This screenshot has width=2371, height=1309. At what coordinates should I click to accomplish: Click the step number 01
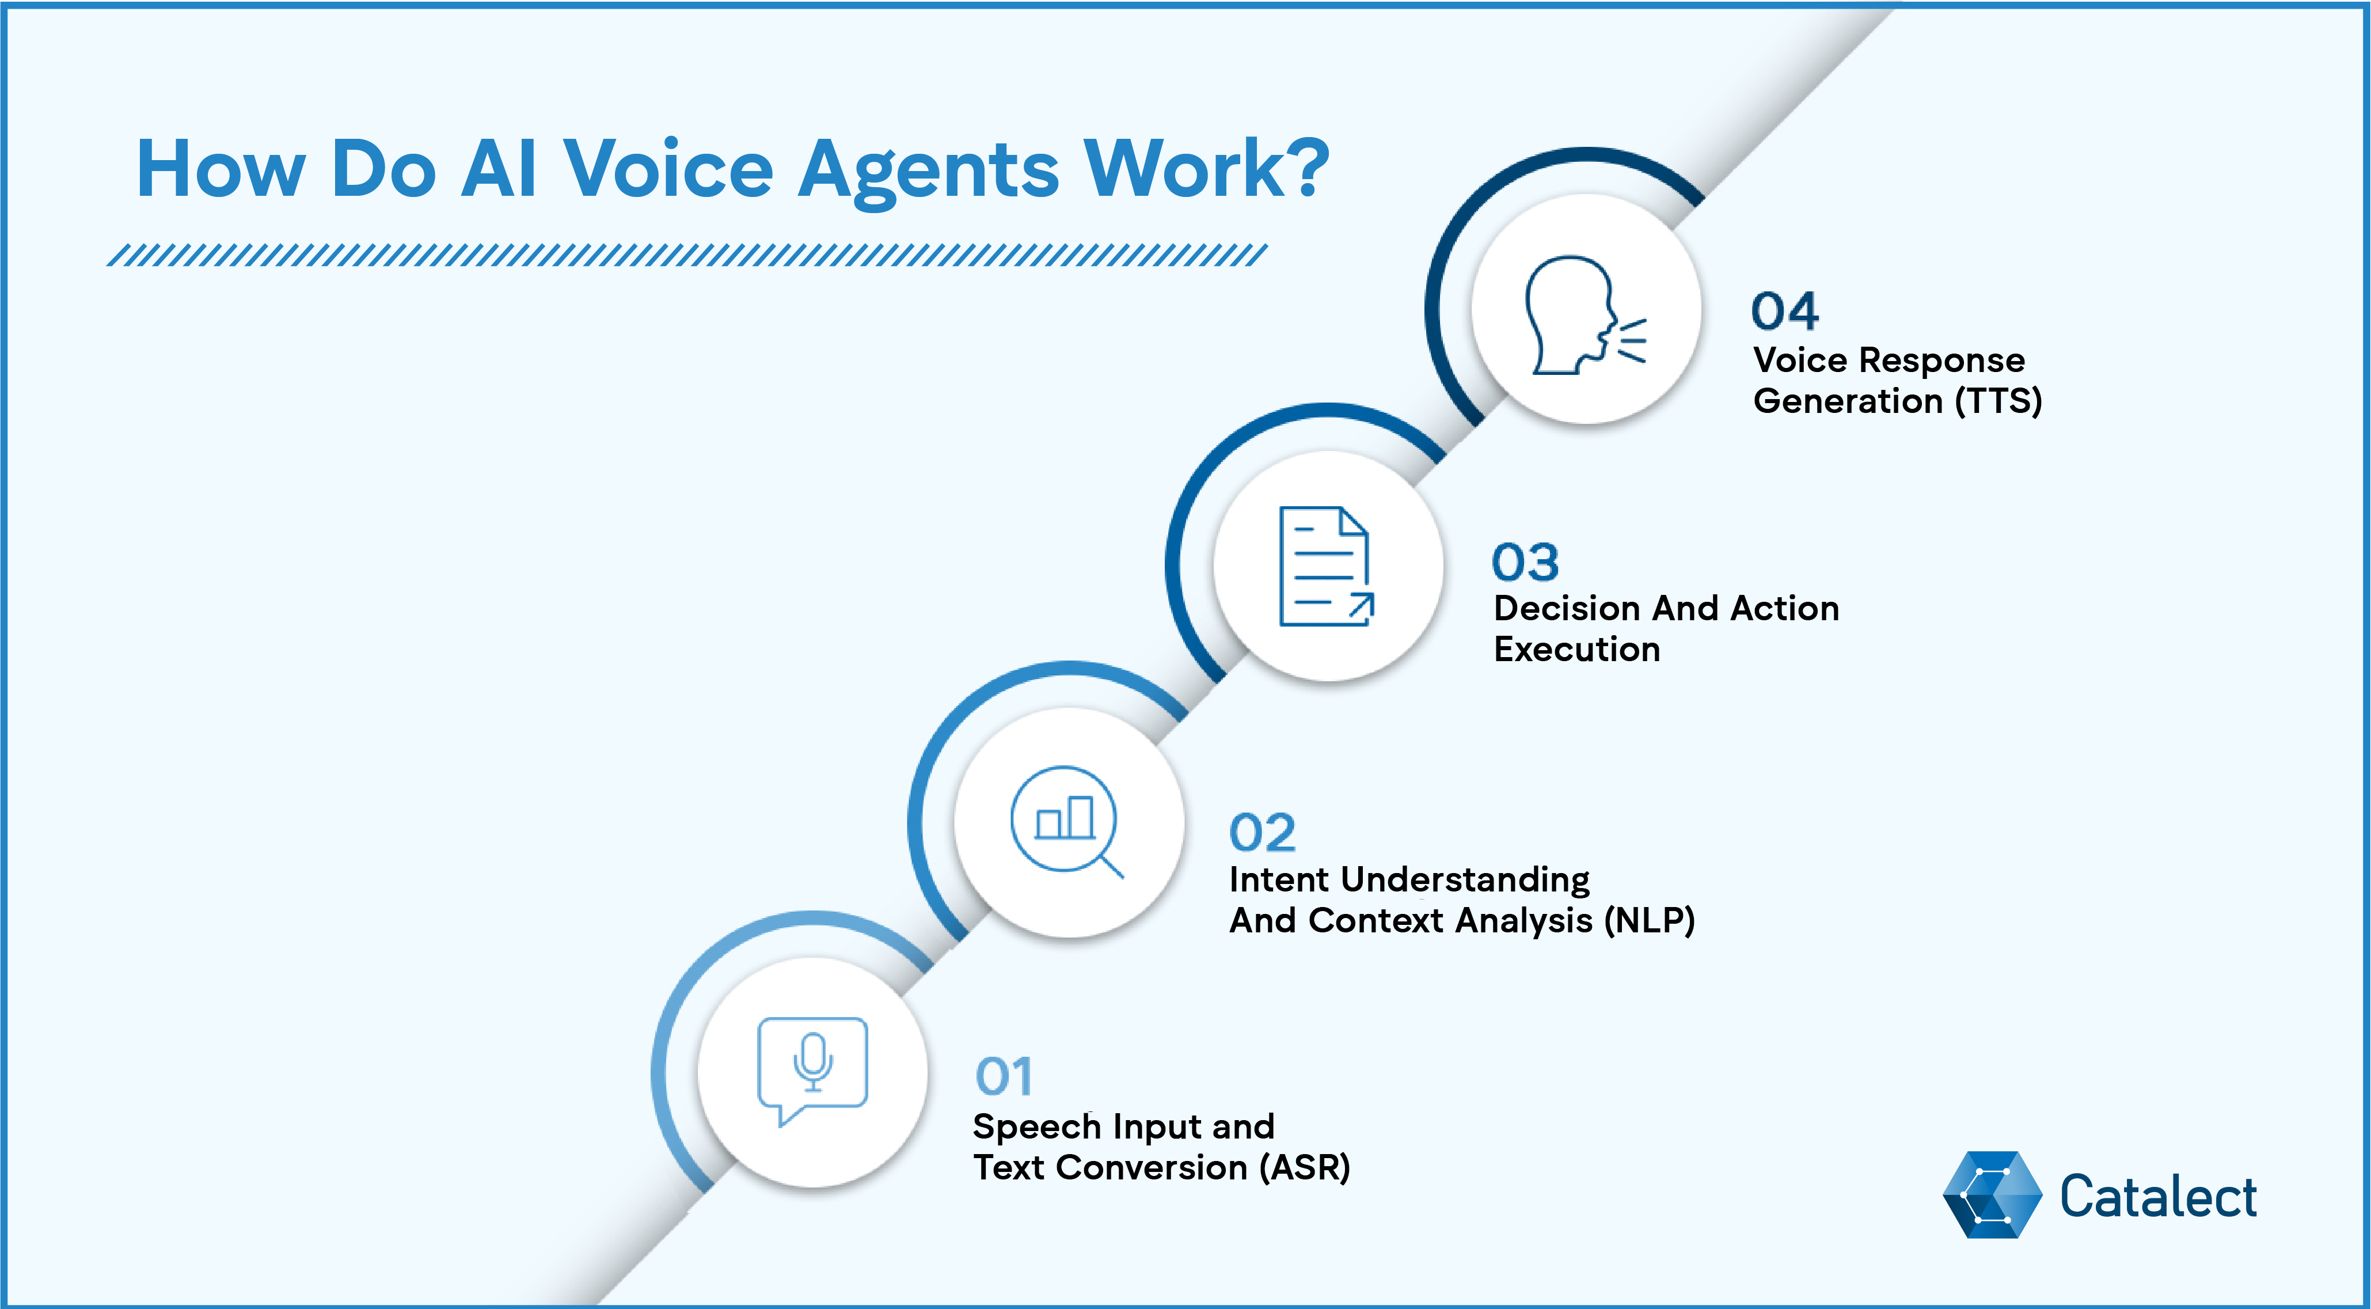click(1003, 1076)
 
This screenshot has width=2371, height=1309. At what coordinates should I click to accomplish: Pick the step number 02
click(1262, 833)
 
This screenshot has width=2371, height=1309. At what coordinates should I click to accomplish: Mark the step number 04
click(1785, 311)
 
